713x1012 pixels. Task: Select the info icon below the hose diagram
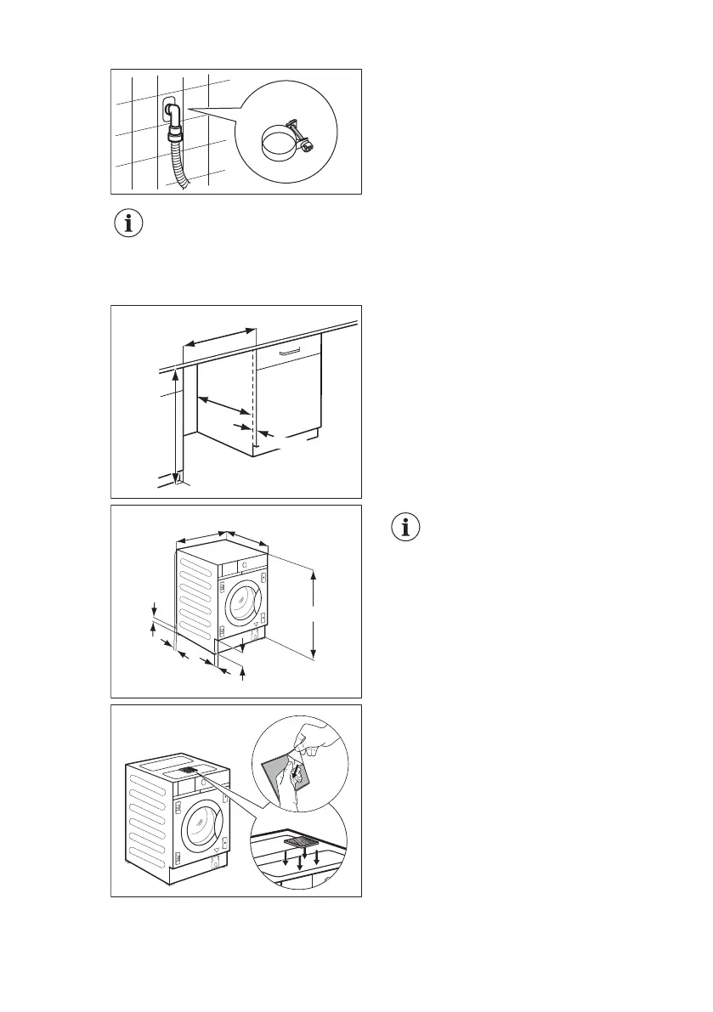click(x=129, y=224)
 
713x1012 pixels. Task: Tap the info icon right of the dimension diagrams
click(x=409, y=526)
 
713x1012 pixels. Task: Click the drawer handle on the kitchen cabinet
click(x=289, y=349)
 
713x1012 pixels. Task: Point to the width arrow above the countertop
click(x=219, y=338)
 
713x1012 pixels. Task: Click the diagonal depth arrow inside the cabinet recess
click(x=224, y=405)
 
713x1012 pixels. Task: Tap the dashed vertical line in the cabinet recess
click(x=253, y=399)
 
